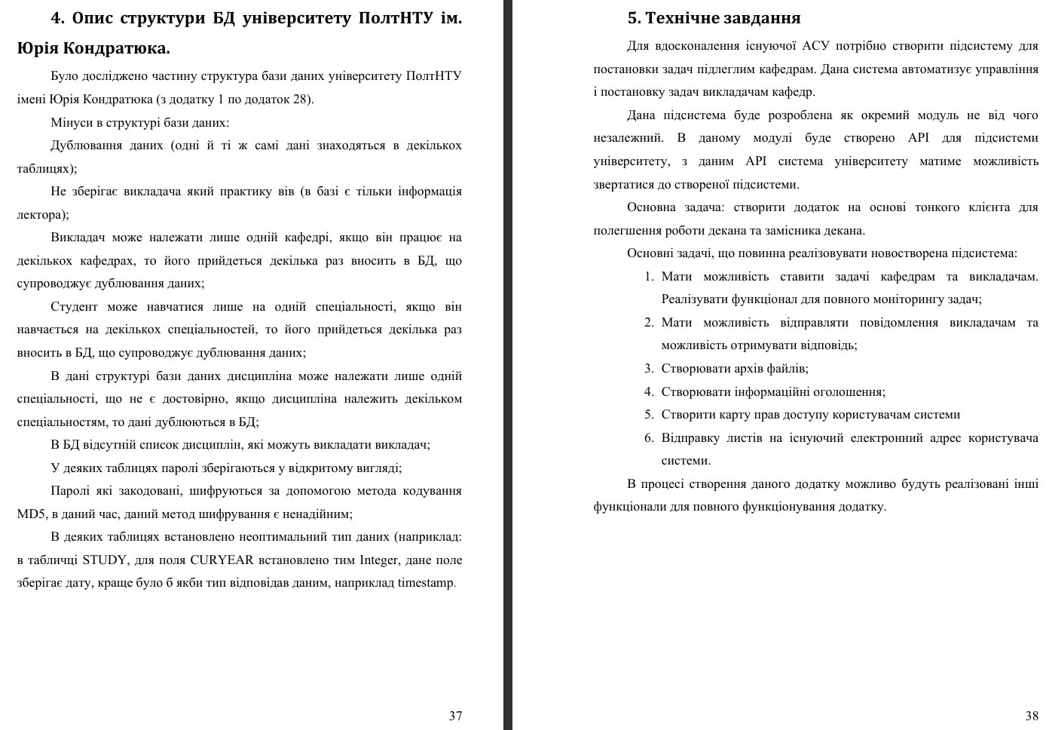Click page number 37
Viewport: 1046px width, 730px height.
(x=455, y=716)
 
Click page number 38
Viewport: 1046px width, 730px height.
(x=1032, y=716)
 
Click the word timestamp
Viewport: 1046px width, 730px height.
(x=425, y=583)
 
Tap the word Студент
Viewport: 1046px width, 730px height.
(x=74, y=306)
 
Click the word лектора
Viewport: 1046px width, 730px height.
(x=41, y=214)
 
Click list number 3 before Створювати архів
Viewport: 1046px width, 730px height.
(x=648, y=368)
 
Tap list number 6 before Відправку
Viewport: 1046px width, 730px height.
(x=648, y=437)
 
